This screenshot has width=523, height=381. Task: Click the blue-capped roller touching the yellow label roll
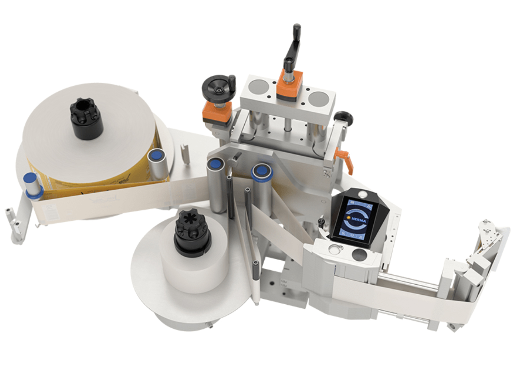pos(158,163)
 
